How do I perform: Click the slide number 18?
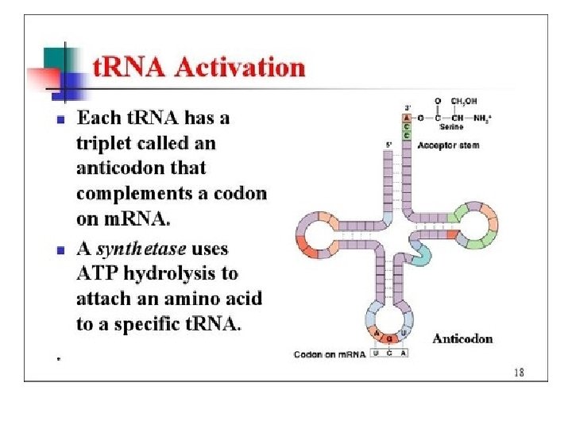click(x=519, y=372)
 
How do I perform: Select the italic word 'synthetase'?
click(x=141, y=248)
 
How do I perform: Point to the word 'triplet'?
click(x=106, y=144)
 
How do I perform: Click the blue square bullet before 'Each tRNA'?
click(x=60, y=120)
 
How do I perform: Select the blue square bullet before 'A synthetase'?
click(x=60, y=249)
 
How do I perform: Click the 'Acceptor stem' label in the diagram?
click(x=447, y=145)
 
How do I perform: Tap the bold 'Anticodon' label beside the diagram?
click(x=462, y=338)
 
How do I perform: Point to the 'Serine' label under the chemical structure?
click(x=451, y=127)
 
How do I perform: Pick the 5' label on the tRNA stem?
click(x=388, y=145)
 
